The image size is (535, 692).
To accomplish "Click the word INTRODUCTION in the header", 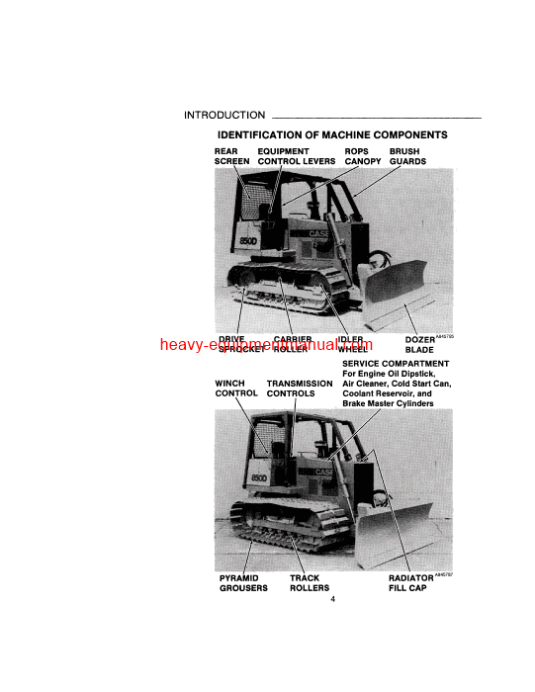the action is point(224,116).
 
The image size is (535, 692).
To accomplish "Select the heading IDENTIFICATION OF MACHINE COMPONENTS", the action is point(331,134).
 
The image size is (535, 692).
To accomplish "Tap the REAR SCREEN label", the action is point(231,156).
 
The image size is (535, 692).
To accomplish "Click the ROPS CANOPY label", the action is point(362,156).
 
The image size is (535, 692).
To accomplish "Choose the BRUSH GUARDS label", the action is point(407,156).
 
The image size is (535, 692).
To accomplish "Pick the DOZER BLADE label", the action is point(419,345).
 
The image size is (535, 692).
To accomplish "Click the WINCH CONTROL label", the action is point(235,388).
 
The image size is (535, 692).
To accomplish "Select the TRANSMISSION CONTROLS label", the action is point(299,388).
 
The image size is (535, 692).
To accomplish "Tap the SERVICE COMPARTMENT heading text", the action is point(388,364).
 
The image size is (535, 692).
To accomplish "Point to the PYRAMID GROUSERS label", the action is point(242,583).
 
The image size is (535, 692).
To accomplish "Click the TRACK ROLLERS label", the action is point(309,583).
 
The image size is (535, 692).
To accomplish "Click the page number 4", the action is point(333,599).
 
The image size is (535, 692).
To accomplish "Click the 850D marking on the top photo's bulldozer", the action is point(248,240).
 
